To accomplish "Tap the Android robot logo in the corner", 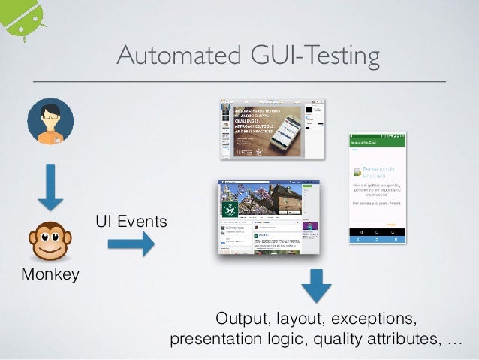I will (x=21, y=17).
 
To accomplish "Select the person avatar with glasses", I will (x=50, y=122).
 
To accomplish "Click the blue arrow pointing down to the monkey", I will (x=50, y=187).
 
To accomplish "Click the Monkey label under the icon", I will (x=50, y=274).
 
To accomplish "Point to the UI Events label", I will (x=131, y=222).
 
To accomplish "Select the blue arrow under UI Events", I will (x=131, y=244).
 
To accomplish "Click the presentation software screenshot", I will (x=273, y=129).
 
